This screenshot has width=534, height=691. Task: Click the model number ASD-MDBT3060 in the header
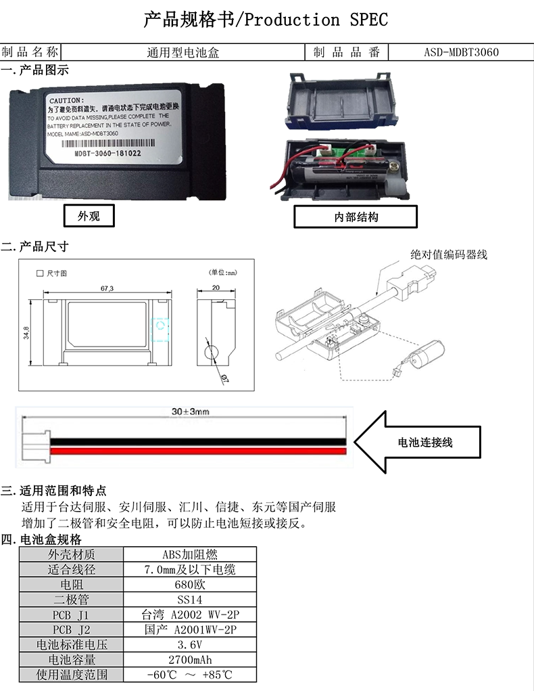462,52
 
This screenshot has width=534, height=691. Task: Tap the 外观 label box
89,216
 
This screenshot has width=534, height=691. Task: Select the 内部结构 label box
356,217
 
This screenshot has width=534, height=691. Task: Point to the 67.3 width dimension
107,289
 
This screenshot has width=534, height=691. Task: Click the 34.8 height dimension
26,333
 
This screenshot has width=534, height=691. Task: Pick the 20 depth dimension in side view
216,287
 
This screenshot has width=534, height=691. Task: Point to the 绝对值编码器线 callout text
449,254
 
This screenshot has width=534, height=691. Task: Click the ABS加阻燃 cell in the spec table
190,554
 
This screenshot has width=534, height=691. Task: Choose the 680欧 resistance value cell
190,585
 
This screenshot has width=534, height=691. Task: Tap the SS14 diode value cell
190,600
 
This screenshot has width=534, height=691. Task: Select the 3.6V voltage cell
190,644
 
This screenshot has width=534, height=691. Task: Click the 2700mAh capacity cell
190,659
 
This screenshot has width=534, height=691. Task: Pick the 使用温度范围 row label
72,674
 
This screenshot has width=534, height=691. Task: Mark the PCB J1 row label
72,615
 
